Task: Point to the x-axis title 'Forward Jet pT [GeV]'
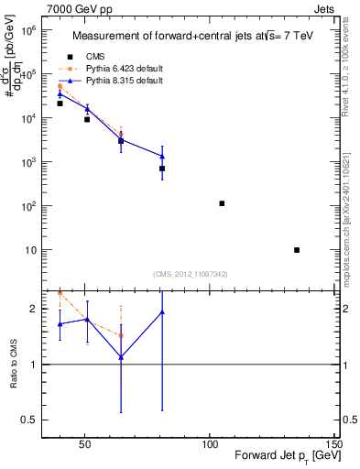tap(276, 455)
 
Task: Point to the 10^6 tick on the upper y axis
tap(27, 30)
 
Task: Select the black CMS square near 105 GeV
tap(222, 203)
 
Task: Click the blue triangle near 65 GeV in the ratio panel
tap(121, 357)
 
